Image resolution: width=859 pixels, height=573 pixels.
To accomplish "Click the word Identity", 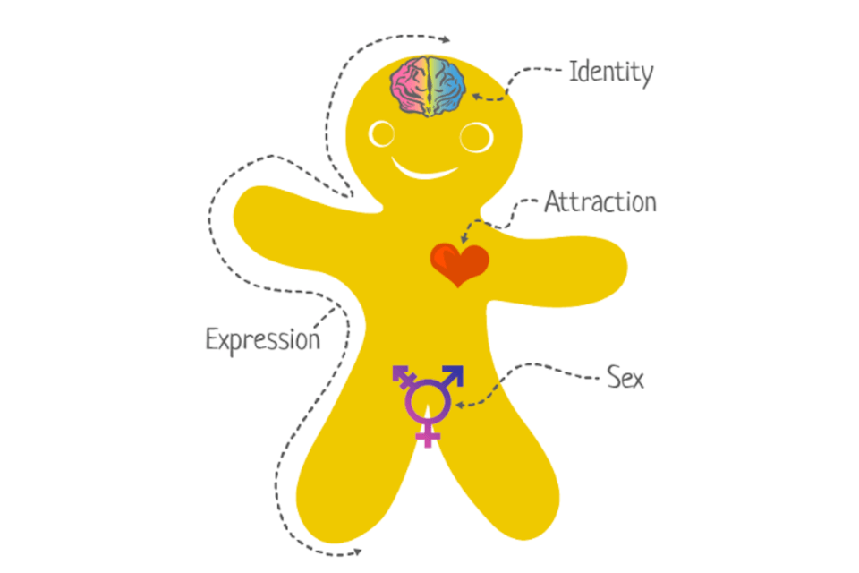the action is tap(611, 73).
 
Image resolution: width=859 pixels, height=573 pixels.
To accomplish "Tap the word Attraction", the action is tap(600, 202).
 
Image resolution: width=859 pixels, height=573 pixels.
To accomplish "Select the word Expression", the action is tap(262, 340).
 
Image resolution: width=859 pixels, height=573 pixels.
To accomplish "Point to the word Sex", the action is tap(625, 377).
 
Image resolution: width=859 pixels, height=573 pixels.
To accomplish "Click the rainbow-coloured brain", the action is tap(428, 86).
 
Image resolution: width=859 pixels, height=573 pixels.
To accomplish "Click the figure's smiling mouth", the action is tap(423, 170).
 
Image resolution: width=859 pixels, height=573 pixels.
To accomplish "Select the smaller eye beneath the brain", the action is tap(381, 134).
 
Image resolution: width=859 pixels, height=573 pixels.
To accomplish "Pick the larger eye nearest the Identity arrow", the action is tap(475, 137).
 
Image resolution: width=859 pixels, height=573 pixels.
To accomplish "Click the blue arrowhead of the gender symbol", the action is tap(454, 375).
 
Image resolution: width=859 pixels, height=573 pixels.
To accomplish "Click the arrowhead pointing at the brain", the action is tap(477, 97).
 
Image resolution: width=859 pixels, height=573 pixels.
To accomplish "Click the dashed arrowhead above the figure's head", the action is tap(446, 38).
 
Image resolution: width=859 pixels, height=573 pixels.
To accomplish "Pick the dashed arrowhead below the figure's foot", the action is tap(358, 552).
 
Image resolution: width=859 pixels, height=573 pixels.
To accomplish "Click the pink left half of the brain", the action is tap(408, 86).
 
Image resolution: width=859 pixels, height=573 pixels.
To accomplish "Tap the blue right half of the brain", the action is tap(447, 86).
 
